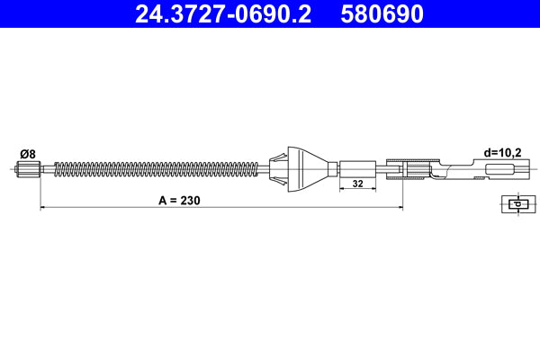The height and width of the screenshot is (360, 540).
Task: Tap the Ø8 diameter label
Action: coord(26,153)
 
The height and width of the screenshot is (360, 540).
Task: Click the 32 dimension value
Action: coord(357,184)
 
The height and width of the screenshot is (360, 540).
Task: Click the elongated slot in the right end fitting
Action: coord(500,168)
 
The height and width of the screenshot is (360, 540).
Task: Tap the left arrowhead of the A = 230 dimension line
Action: coord(43,208)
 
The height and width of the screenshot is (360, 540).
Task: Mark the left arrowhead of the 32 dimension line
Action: coord(341,191)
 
